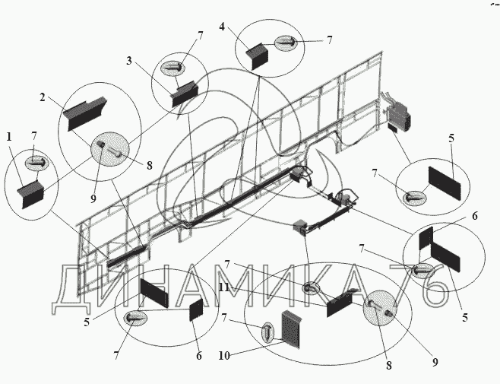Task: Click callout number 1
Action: click(x=8, y=137)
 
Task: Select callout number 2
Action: click(x=43, y=98)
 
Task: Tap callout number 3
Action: click(x=130, y=60)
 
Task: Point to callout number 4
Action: click(x=221, y=27)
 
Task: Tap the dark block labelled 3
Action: click(x=185, y=94)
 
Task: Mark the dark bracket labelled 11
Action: click(x=340, y=305)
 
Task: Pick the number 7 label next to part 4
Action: click(x=329, y=40)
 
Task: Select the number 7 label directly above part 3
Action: click(x=200, y=36)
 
